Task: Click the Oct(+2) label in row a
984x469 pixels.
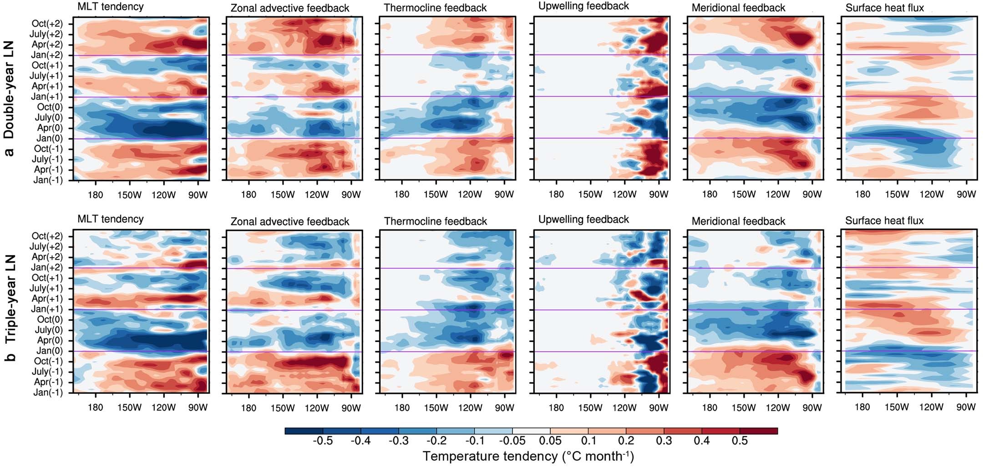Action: tap(47, 24)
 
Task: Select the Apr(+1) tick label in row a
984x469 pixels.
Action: tap(47, 87)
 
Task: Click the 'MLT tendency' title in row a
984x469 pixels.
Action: tap(111, 7)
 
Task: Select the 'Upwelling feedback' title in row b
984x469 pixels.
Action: tap(583, 219)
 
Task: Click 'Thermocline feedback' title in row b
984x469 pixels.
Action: tap(435, 221)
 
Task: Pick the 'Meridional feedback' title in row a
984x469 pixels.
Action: tap(738, 8)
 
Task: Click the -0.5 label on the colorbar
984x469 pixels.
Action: tap(323, 441)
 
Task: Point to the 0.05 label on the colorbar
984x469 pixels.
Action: tap(550, 441)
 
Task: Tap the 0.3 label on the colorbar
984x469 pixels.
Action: tap(664, 441)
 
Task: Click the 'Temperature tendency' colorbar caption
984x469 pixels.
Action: tap(528, 456)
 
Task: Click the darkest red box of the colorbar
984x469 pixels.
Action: tap(758, 431)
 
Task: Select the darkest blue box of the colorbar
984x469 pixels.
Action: tap(304, 431)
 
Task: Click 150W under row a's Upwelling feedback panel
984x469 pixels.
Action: tap(590, 194)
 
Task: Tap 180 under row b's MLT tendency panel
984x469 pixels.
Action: tap(95, 408)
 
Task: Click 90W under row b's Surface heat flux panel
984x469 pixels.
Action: tap(966, 407)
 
